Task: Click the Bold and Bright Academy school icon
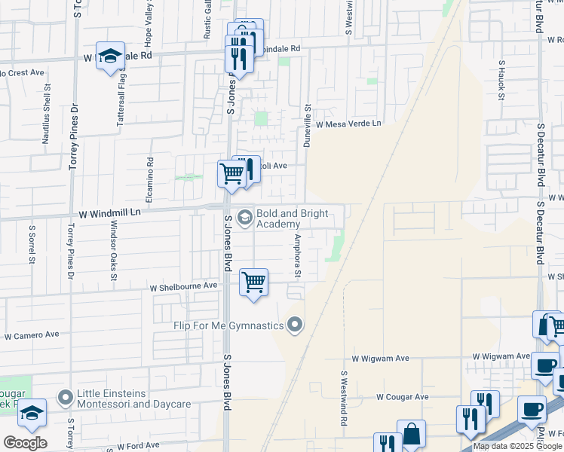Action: point(244,218)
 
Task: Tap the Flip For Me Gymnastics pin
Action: point(296,325)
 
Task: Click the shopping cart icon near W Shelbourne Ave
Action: point(254,282)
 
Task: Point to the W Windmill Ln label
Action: point(105,213)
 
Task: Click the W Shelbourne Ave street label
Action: point(183,287)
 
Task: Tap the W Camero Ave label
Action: point(31,334)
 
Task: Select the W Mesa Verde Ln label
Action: point(348,124)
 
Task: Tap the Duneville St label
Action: point(307,125)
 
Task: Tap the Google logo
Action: point(24,443)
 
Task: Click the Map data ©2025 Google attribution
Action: point(517,446)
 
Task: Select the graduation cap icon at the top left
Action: point(110,56)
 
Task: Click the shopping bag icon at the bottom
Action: point(412,434)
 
